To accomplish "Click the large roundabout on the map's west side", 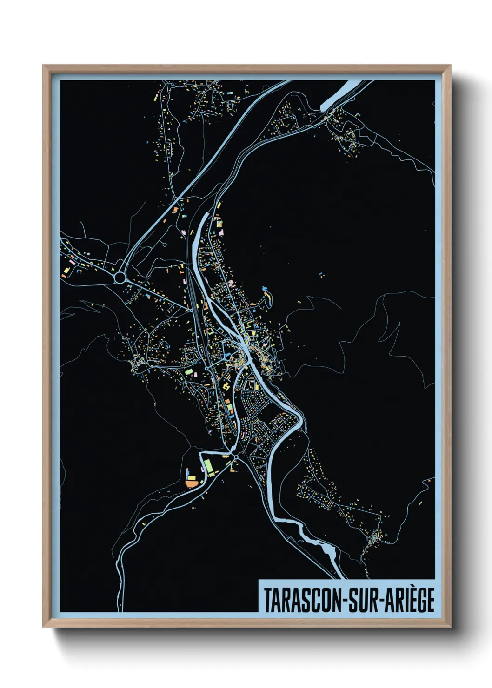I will (x=120, y=278).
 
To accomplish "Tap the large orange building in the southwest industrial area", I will (x=191, y=483).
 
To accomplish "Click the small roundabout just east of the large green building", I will (x=236, y=458).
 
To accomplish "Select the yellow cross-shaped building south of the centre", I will (x=226, y=386).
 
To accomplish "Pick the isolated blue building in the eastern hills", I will (x=320, y=274).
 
